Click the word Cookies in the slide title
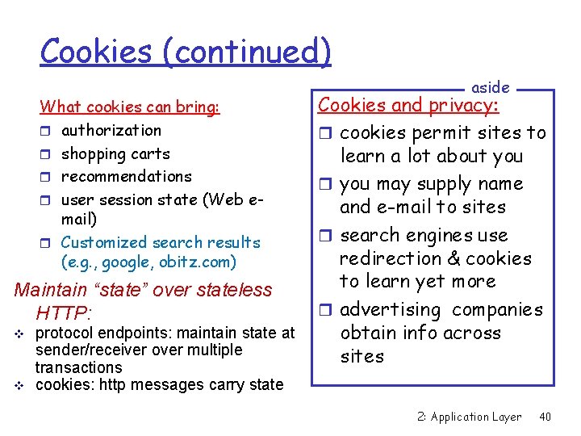click(96, 51)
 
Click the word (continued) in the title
click(247, 52)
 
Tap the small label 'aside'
click(490, 87)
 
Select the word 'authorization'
click(111, 130)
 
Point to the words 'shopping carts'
click(115, 153)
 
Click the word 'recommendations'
click(127, 176)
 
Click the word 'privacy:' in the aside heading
click(463, 106)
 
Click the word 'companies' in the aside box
click(498, 310)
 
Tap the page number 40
click(545, 417)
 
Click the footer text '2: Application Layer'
click(470, 417)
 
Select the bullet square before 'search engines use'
click(327, 237)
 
